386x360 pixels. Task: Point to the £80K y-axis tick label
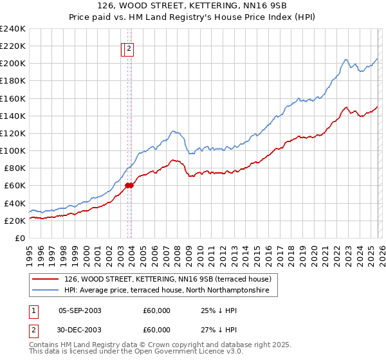click(14, 168)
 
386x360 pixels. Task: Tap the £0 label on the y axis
click(20, 238)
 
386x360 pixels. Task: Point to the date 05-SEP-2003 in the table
click(80, 310)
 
